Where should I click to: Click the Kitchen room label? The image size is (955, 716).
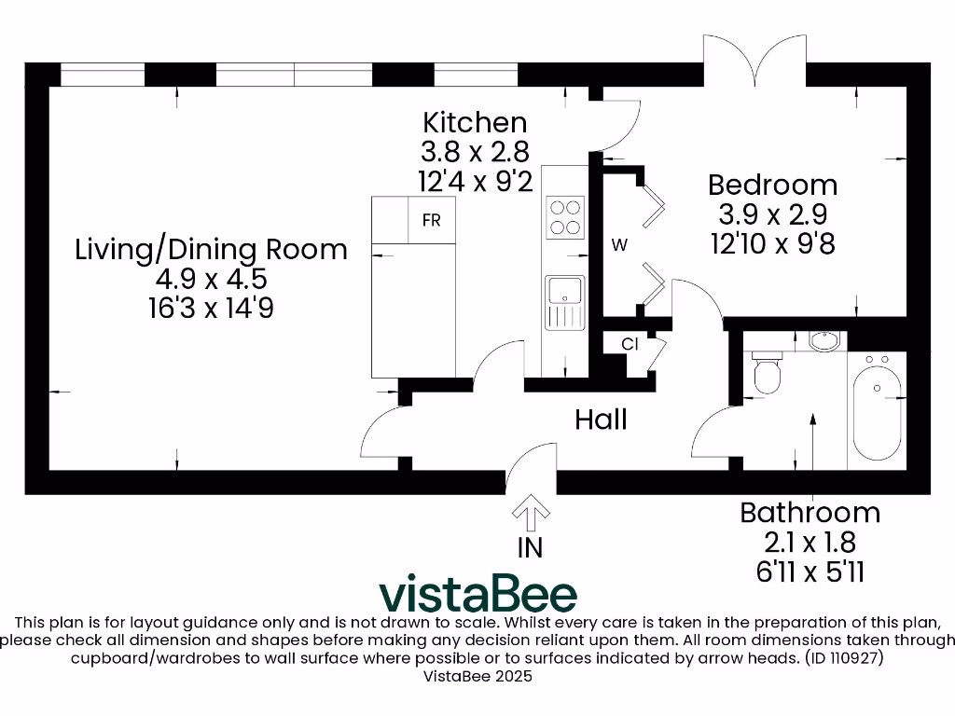pos(475,122)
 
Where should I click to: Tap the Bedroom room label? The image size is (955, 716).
pos(771,184)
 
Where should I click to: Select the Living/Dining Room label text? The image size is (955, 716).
pos(211,249)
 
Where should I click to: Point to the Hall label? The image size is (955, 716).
pos(601,420)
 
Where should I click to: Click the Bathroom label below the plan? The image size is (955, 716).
pos(810,512)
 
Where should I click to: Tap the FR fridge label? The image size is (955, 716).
pos(431,221)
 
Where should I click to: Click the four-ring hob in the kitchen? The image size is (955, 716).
pos(564,217)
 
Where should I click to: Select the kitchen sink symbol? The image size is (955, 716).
pos(564,302)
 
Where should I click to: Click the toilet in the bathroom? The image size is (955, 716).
pos(767,373)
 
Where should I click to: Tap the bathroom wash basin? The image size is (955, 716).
pos(824,340)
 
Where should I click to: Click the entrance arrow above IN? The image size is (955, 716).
pos(531,512)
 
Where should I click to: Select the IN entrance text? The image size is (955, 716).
pos(530,547)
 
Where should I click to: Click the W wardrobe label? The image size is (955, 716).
pos(619,246)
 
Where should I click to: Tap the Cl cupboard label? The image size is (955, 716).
pos(630,344)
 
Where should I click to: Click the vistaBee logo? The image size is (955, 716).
pos(477,594)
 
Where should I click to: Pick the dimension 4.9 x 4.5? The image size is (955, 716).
pos(211,279)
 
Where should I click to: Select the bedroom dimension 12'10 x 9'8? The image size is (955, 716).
pos(771,244)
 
